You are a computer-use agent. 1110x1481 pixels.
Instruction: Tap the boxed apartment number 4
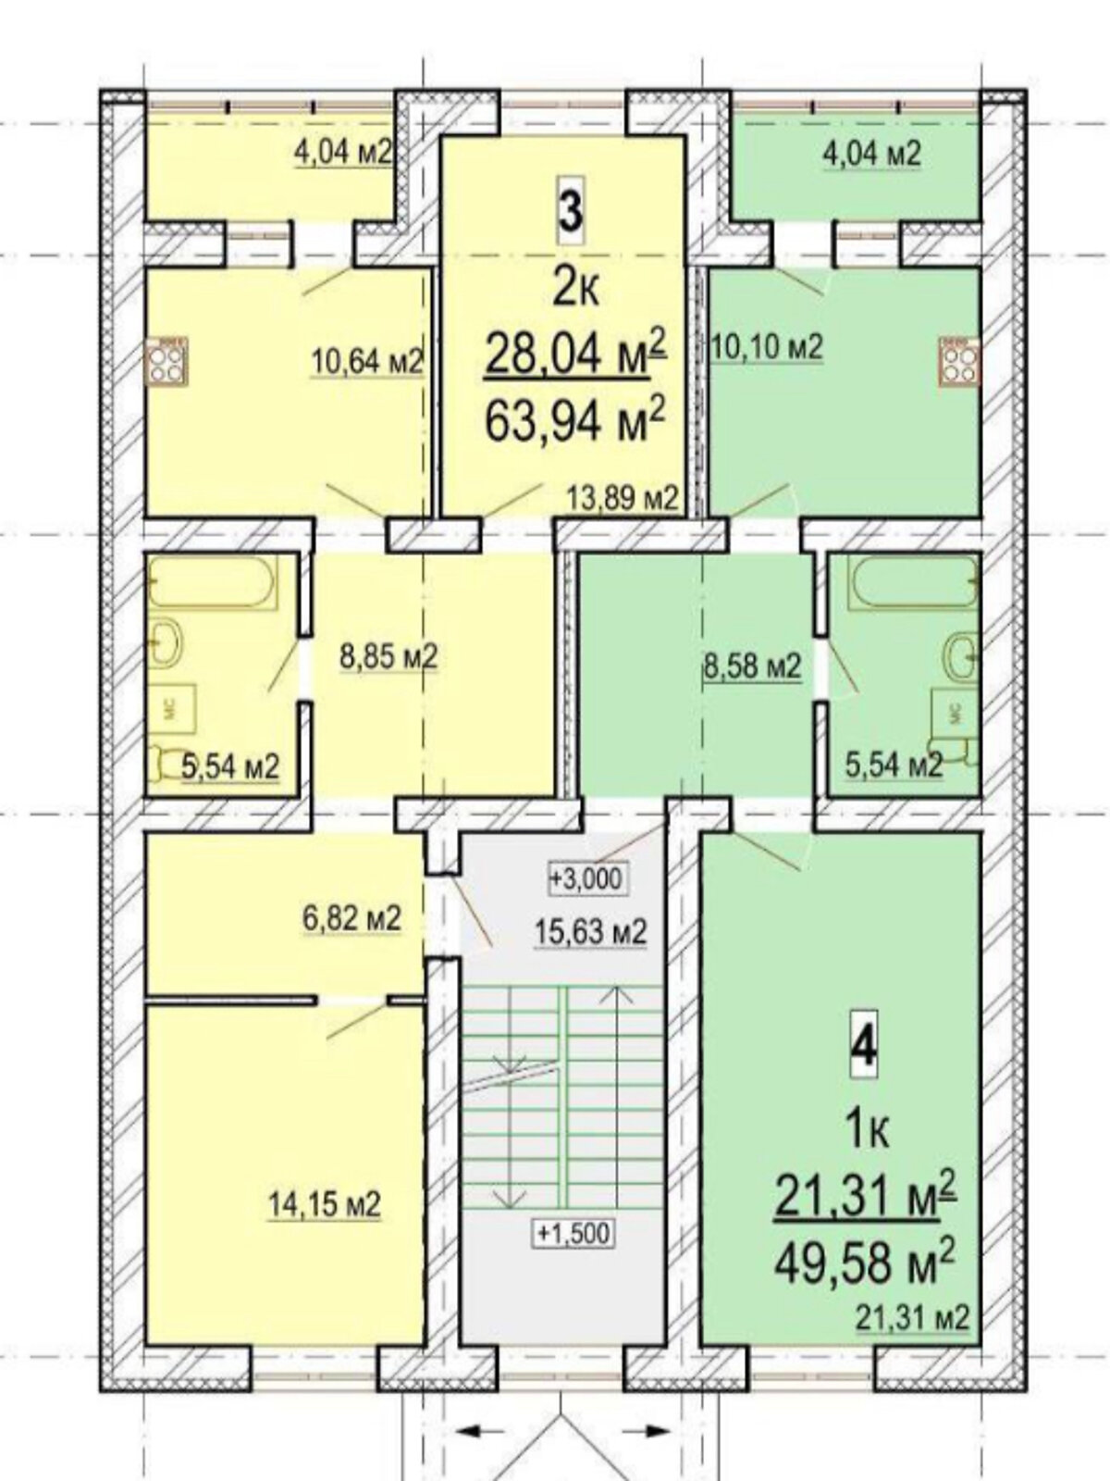(864, 1047)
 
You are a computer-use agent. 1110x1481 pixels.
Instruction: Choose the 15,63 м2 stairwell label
(590, 932)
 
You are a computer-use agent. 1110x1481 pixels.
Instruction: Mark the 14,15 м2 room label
(325, 1202)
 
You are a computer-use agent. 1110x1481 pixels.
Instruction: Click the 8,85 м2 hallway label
(388, 656)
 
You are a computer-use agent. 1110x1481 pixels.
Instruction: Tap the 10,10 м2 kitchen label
(769, 348)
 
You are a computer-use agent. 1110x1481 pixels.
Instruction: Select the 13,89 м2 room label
(622, 499)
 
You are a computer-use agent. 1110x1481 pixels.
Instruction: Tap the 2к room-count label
(574, 292)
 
